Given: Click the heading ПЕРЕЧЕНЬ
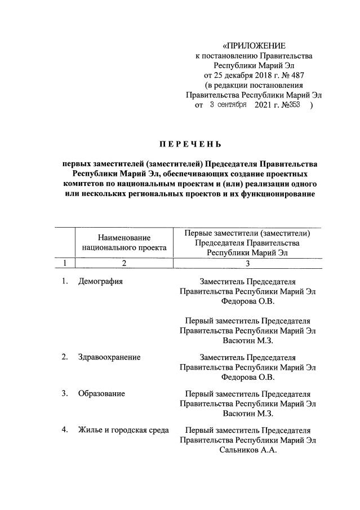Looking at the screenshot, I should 190,143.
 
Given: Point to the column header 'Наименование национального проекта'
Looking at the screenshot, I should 124,242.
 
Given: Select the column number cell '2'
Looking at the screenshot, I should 124,263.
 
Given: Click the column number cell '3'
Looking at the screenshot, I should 247,263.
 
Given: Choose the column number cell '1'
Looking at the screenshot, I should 65,263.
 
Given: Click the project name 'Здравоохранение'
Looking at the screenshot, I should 109,357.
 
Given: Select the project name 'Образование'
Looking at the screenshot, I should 101,393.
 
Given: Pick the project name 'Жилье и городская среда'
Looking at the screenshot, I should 123,430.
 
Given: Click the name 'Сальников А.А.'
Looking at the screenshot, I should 248,450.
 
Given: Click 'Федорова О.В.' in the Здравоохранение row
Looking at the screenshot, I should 248,378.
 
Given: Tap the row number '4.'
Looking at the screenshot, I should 65,430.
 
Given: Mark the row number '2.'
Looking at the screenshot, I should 65,357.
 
